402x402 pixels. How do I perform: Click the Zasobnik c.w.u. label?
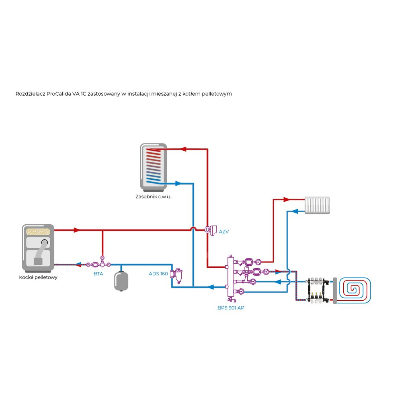(x=153, y=197)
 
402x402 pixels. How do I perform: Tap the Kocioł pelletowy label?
(x=38, y=277)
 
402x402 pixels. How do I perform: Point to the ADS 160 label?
(x=158, y=274)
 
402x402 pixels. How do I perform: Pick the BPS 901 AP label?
(x=230, y=308)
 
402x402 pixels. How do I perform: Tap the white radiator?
(x=317, y=205)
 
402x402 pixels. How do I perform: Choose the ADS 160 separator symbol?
(x=176, y=275)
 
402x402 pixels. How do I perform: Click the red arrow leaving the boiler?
(x=76, y=230)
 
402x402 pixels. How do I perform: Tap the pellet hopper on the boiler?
(x=38, y=232)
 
